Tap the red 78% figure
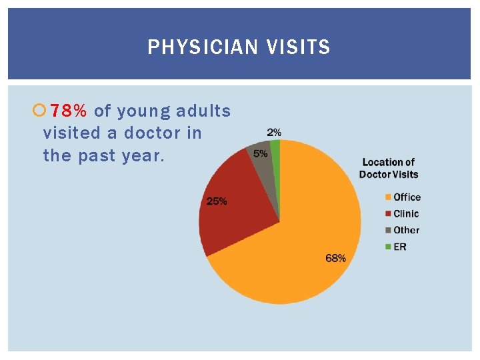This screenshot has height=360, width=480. tap(69, 111)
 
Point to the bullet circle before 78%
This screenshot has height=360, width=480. tap(38, 111)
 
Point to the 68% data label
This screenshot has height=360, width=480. tap(335, 258)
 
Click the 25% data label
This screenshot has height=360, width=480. tap(217, 201)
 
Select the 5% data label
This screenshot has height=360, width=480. tap(260, 153)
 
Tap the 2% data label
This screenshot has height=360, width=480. tap(273, 133)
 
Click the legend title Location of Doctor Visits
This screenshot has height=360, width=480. tap(389, 168)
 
